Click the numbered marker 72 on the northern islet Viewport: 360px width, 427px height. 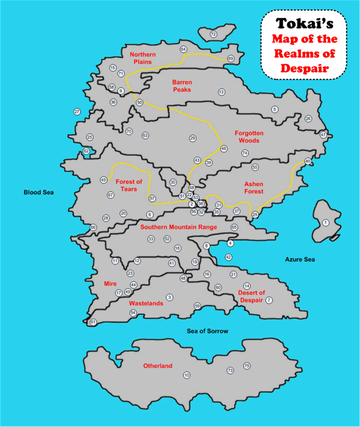[213, 34]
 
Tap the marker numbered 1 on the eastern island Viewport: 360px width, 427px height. [325, 222]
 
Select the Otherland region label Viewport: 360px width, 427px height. [158, 366]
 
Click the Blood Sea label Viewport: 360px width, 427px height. [39, 192]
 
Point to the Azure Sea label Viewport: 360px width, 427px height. [300, 259]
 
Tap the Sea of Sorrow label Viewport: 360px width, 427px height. [208, 331]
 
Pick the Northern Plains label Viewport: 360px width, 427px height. [142, 58]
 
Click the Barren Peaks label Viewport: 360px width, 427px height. [182, 85]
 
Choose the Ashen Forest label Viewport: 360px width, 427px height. [254, 188]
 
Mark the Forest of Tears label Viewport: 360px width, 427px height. [129, 185]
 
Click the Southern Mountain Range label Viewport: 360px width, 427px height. [179, 227]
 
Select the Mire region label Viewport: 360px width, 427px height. [110, 284]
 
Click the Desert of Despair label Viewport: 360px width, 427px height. [251, 296]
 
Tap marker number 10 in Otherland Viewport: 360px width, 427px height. [187, 375]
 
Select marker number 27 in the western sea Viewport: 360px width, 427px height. [77, 112]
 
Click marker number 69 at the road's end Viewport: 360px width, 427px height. [231, 58]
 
